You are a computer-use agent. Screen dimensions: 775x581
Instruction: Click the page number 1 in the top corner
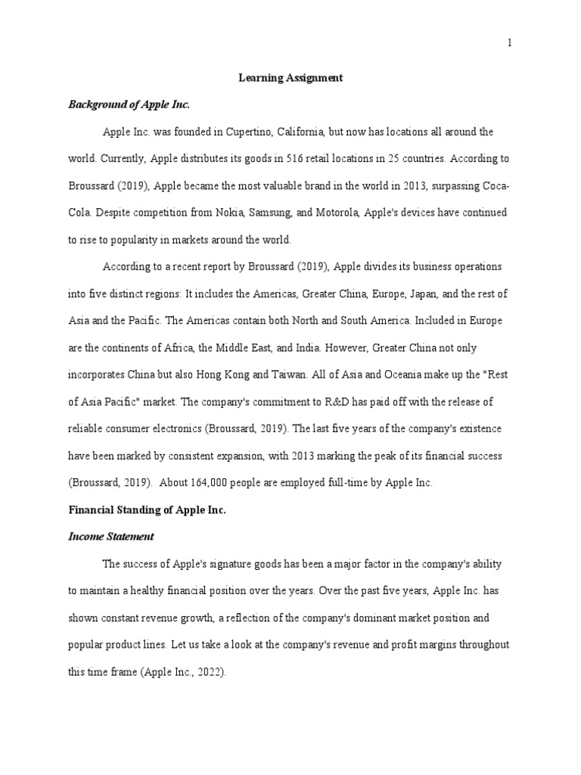coord(510,42)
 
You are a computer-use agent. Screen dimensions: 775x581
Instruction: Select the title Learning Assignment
coord(291,77)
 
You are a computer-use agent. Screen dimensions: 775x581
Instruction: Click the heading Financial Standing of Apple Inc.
coord(148,510)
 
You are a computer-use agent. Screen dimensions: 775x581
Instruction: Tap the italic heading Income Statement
coord(111,537)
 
